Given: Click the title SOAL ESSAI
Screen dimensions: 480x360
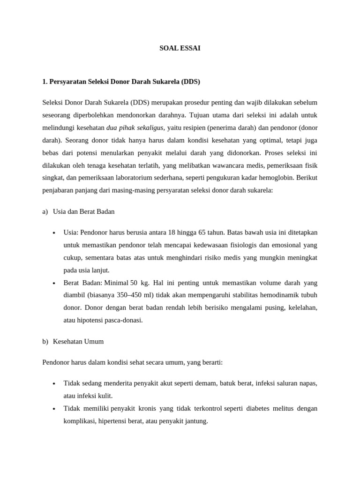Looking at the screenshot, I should tap(180, 48).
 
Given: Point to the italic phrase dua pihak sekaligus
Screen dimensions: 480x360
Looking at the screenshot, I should tap(135, 127).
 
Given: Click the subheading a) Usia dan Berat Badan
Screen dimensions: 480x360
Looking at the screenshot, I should tap(78, 211).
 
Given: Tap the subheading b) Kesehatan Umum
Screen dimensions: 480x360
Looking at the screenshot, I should tap(73, 341).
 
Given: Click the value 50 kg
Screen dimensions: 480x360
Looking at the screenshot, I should tap(139, 283).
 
